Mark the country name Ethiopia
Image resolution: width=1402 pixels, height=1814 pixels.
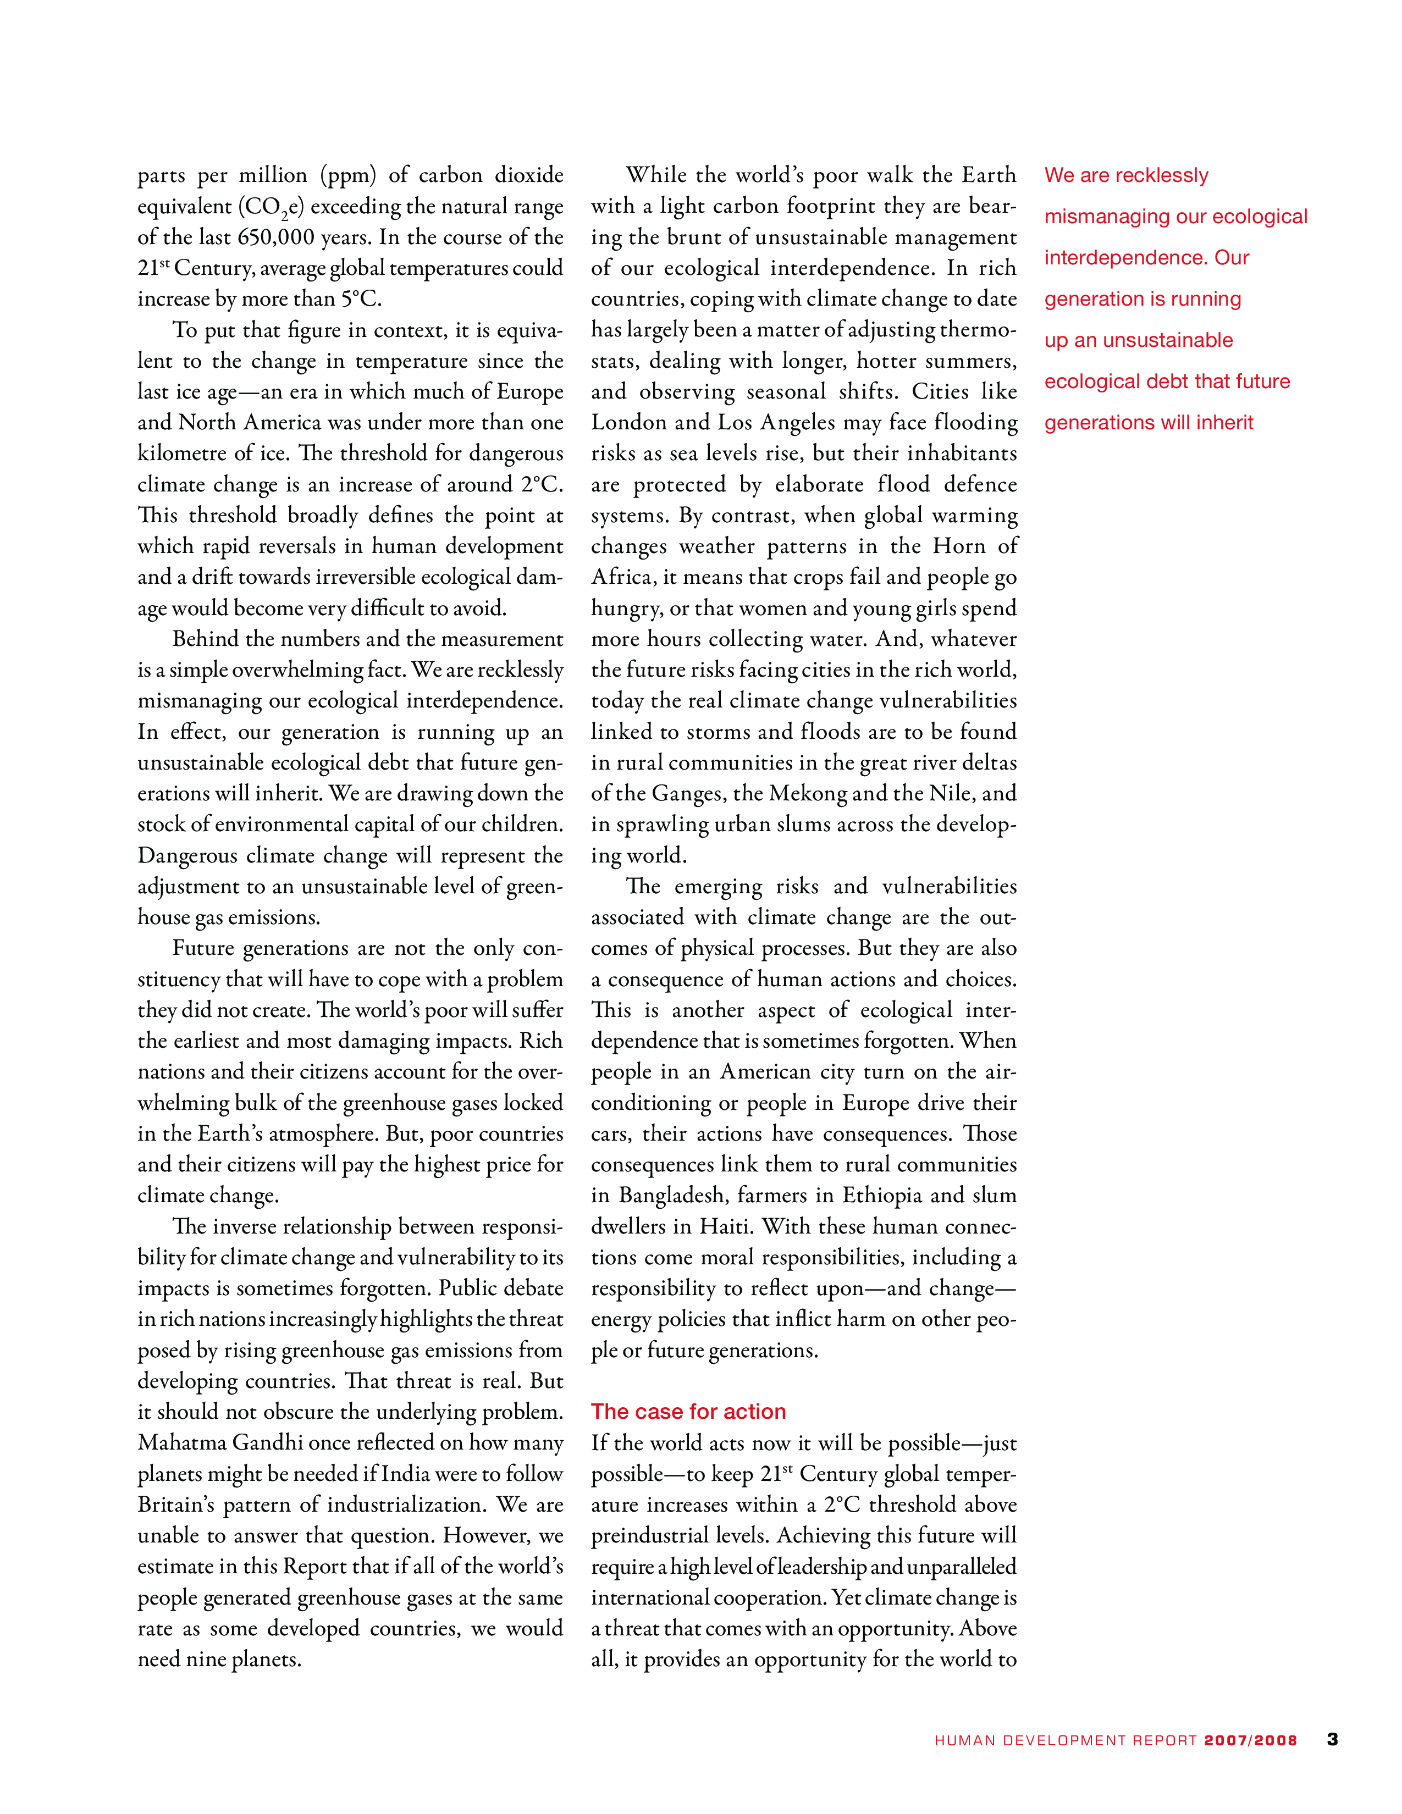[883, 1195]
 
